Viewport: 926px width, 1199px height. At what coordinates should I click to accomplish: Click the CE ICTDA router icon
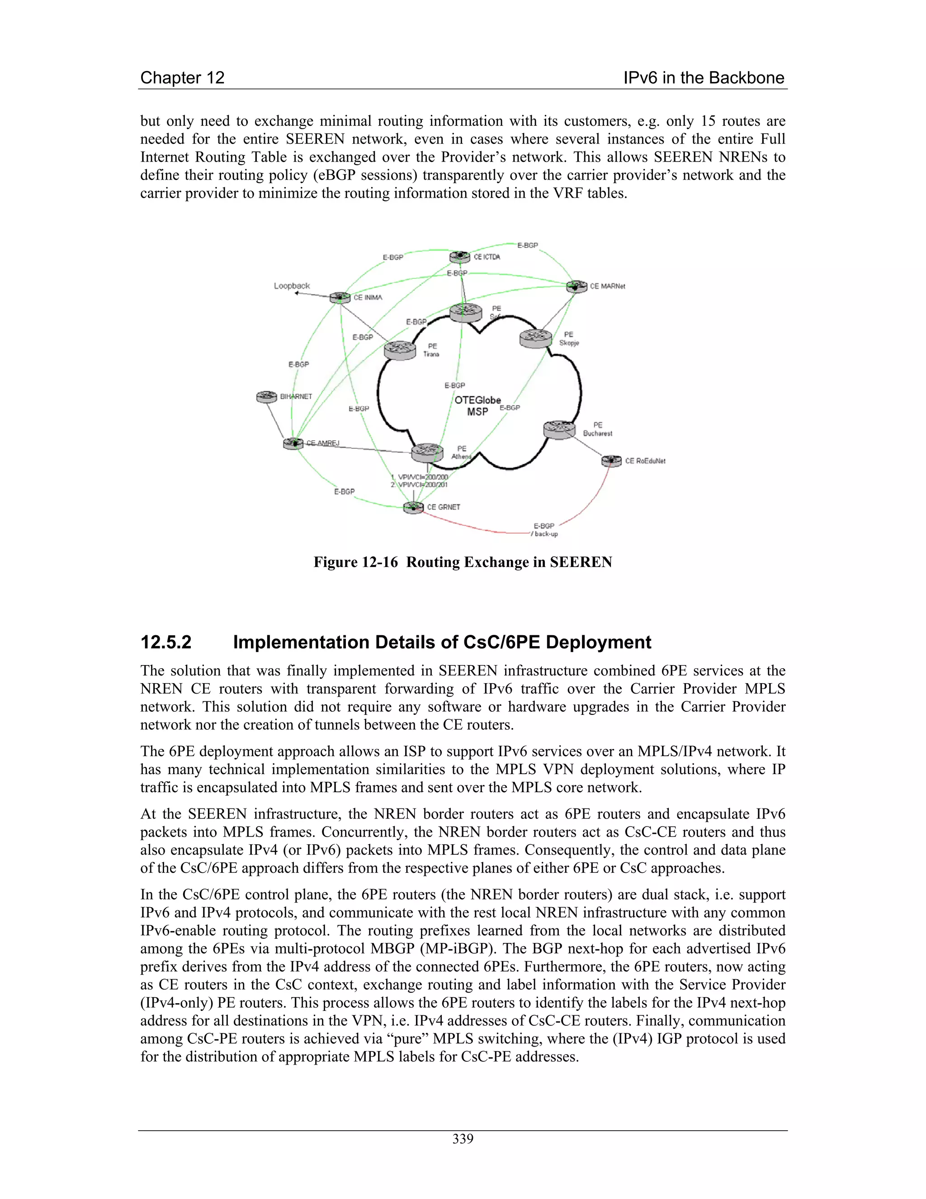460,257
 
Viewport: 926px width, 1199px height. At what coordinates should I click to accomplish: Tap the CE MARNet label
607,286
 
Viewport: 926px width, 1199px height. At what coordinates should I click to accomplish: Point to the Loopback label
292,285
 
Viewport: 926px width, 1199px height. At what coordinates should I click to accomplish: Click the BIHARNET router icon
267,396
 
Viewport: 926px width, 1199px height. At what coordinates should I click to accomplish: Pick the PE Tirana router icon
400,349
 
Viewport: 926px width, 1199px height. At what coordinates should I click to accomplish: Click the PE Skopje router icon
535,337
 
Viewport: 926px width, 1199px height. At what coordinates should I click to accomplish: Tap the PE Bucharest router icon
559,429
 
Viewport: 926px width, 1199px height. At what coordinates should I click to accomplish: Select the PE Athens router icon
427,452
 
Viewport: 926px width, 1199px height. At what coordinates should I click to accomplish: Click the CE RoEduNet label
645,461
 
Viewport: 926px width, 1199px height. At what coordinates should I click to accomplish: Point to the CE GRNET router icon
414,507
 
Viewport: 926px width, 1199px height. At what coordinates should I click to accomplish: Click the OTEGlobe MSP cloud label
477,406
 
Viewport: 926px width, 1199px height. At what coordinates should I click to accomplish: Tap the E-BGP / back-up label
544,530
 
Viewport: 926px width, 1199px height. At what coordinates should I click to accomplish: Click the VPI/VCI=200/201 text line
420,485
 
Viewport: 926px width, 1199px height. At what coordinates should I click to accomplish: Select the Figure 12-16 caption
463,562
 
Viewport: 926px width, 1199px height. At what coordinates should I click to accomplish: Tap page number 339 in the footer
463,1139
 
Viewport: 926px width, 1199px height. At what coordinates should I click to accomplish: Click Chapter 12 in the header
182,77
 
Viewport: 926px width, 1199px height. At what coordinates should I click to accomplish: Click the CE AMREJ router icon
293,443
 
